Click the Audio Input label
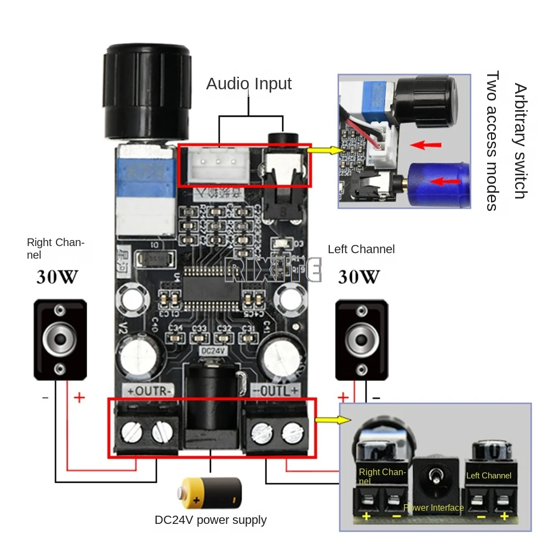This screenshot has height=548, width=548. [249, 84]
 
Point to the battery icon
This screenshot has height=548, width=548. [212, 492]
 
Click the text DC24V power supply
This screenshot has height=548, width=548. [210, 520]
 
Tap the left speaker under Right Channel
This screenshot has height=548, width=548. [60, 339]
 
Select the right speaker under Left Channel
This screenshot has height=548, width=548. [362, 340]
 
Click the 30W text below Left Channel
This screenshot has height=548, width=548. [358, 277]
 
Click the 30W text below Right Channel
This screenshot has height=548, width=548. [57, 277]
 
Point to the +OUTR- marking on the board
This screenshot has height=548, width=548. [150, 391]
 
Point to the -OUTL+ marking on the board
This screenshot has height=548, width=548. [276, 391]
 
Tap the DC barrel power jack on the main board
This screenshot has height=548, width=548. [212, 406]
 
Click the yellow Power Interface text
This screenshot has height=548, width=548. [433, 507]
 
